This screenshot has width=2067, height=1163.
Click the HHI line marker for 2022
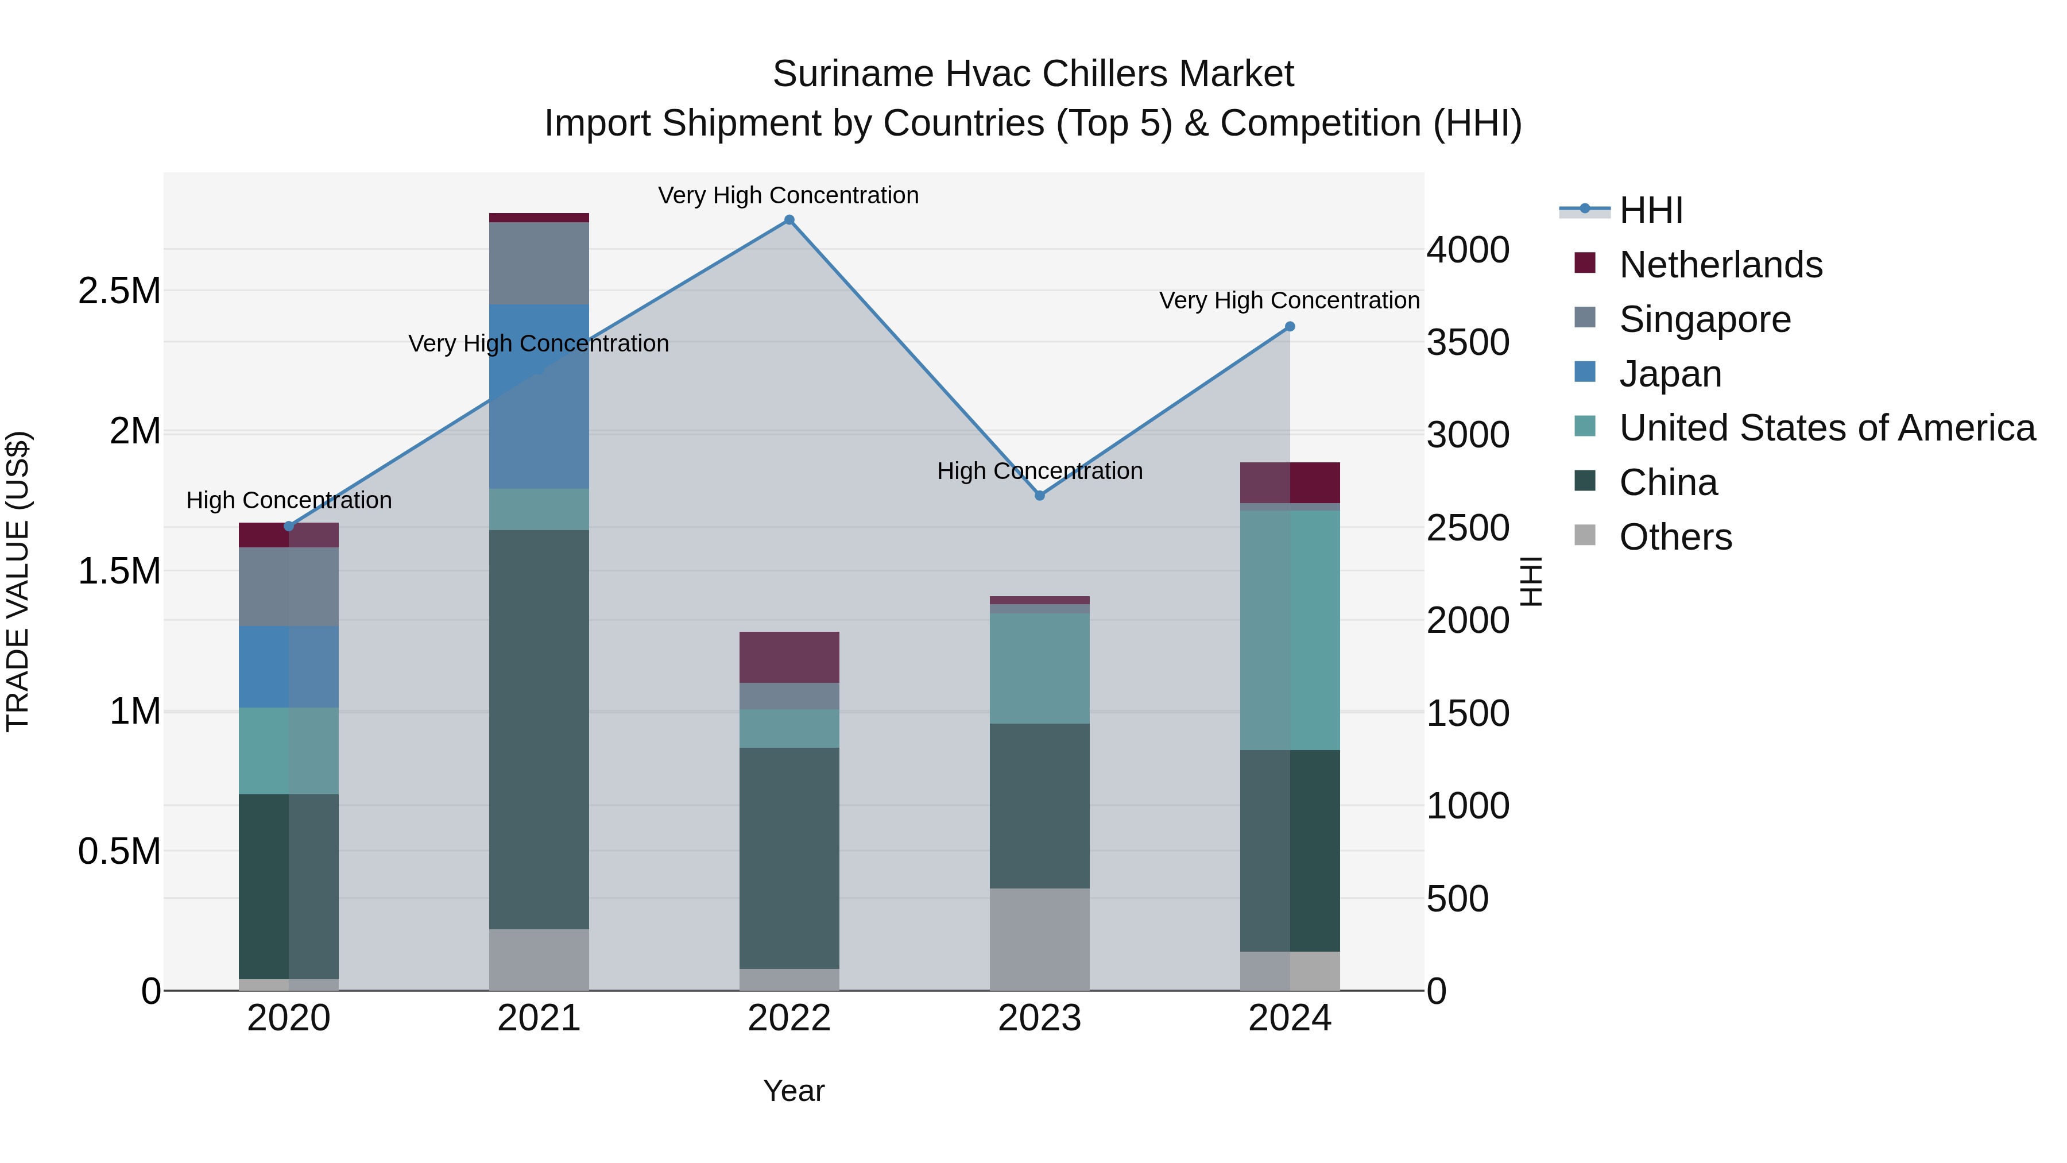(789, 220)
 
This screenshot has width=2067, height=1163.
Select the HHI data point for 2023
(1040, 495)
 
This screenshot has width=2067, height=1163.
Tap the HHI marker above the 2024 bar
(1290, 327)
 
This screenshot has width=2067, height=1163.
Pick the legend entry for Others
(1675, 537)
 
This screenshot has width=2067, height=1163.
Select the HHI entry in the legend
(1651, 210)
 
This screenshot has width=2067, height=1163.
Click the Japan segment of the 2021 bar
(539, 396)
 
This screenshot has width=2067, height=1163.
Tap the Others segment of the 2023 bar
(1040, 939)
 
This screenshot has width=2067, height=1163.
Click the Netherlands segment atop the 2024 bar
(1290, 482)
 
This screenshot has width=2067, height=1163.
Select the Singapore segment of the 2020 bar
(289, 587)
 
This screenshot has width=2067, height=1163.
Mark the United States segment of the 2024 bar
(1290, 630)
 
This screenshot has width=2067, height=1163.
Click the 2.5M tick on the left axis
(119, 291)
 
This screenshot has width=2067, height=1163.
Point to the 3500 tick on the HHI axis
(1468, 343)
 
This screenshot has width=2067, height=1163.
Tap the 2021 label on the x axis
(539, 1018)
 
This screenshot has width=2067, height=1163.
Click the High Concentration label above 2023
(1040, 471)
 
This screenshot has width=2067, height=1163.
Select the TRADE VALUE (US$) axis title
(18, 581)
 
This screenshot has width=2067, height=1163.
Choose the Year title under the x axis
(793, 1091)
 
